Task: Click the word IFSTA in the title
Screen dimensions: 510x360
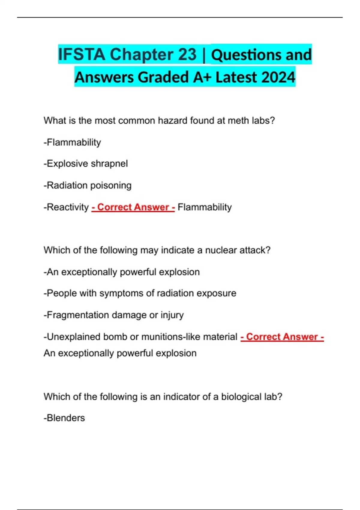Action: click(81, 55)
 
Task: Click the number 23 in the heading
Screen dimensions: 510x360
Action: click(187, 55)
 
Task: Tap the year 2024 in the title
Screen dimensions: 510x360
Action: click(278, 77)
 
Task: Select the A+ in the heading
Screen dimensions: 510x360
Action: click(202, 77)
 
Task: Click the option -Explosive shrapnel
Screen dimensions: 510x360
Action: click(86, 163)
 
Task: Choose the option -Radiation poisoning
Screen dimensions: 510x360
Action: click(88, 185)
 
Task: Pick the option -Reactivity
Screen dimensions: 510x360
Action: click(66, 207)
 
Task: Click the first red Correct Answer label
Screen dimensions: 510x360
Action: click(133, 207)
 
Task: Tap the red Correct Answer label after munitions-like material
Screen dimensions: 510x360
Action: click(282, 337)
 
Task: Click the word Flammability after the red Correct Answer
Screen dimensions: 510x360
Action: click(205, 207)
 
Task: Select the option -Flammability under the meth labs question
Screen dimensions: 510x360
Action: click(72, 142)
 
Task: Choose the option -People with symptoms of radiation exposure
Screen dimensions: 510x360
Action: click(140, 293)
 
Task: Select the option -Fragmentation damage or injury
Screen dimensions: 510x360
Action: click(114, 315)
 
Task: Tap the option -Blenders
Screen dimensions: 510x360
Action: click(64, 418)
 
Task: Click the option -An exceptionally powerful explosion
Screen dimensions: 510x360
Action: click(121, 272)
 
